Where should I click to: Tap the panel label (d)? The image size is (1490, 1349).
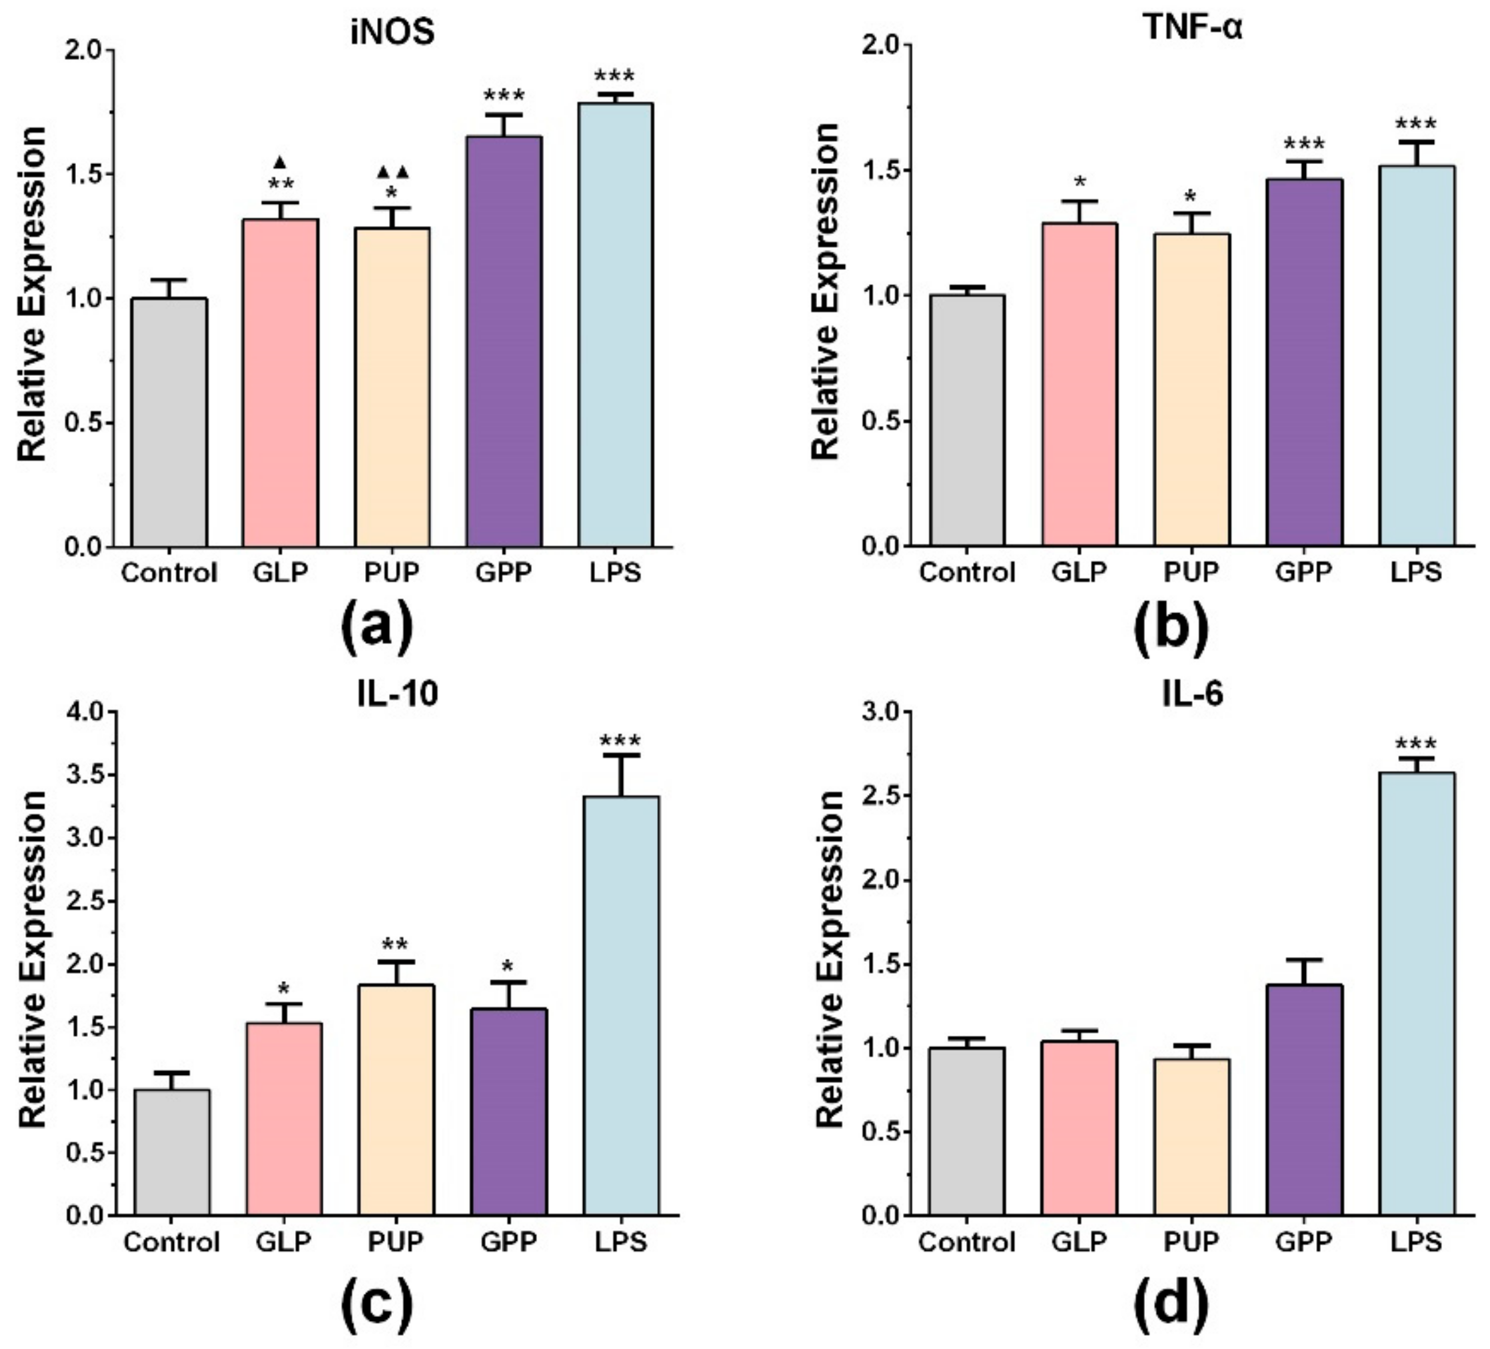(x=1171, y=1302)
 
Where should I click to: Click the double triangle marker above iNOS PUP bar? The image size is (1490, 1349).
(x=392, y=172)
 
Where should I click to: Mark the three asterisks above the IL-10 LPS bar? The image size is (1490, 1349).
(x=621, y=740)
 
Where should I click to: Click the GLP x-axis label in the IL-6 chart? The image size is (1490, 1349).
(x=1080, y=1241)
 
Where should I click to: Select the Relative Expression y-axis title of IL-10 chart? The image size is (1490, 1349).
(x=33, y=962)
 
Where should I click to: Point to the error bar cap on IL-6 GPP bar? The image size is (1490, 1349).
(x=1305, y=960)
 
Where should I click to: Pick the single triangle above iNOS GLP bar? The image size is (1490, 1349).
(x=280, y=161)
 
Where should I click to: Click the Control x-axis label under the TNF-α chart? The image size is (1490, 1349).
(x=968, y=572)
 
